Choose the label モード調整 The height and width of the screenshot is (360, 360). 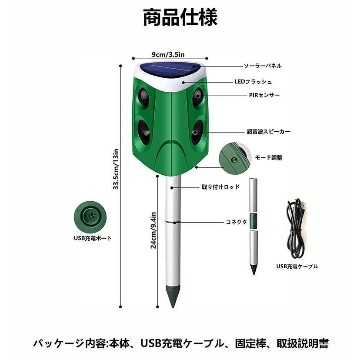pyautogui.click(x=268, y=157)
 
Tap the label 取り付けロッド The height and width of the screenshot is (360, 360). pyautogui.click(x=220, y=188)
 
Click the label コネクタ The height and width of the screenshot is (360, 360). pyautogui.click(x=237, y=222)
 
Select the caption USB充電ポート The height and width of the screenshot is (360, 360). pyautogui.click(x=92, y=238)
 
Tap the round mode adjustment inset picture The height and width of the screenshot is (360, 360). pyautogui.click(x=235, y=157)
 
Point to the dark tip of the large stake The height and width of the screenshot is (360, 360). pyautogui.click(x=173, y=296)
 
